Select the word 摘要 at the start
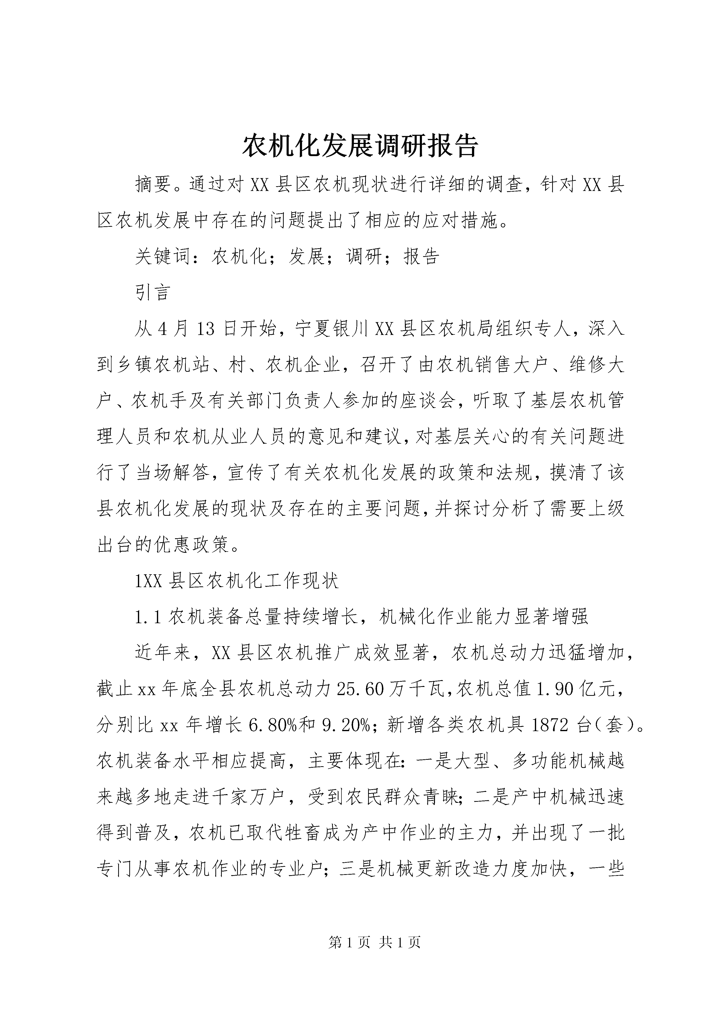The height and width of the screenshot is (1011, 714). [153, 185]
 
